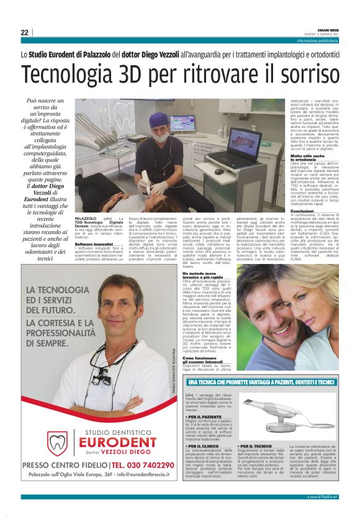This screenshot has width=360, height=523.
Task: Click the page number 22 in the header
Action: [24, 32]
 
